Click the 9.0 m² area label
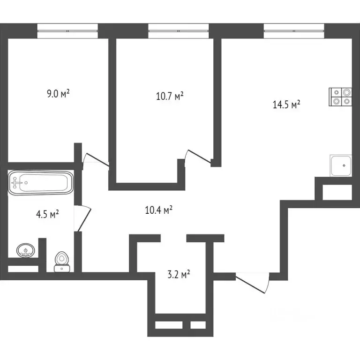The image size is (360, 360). [58, 94]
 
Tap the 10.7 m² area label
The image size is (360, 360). [170, 96]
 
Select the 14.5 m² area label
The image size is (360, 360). [286, 105]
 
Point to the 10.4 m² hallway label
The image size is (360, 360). [158, 210]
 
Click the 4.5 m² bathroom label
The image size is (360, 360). [47, 214]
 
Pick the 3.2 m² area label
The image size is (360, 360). [179, 274]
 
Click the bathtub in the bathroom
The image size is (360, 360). [41, 183]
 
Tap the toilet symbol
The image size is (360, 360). [62, 262]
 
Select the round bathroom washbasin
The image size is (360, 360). [26, 250]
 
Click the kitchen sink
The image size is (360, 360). [341, 165]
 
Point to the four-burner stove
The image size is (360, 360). [340, 97]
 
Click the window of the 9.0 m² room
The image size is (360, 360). [67, 31]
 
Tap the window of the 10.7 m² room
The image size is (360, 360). [179, 31]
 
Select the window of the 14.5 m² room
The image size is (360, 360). [294, 31]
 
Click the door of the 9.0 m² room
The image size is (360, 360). [96, 159]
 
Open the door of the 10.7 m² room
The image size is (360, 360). [198, 157]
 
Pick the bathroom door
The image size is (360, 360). [82, 218]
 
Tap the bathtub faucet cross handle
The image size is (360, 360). [15, 183]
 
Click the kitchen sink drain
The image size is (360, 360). [344, 165]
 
